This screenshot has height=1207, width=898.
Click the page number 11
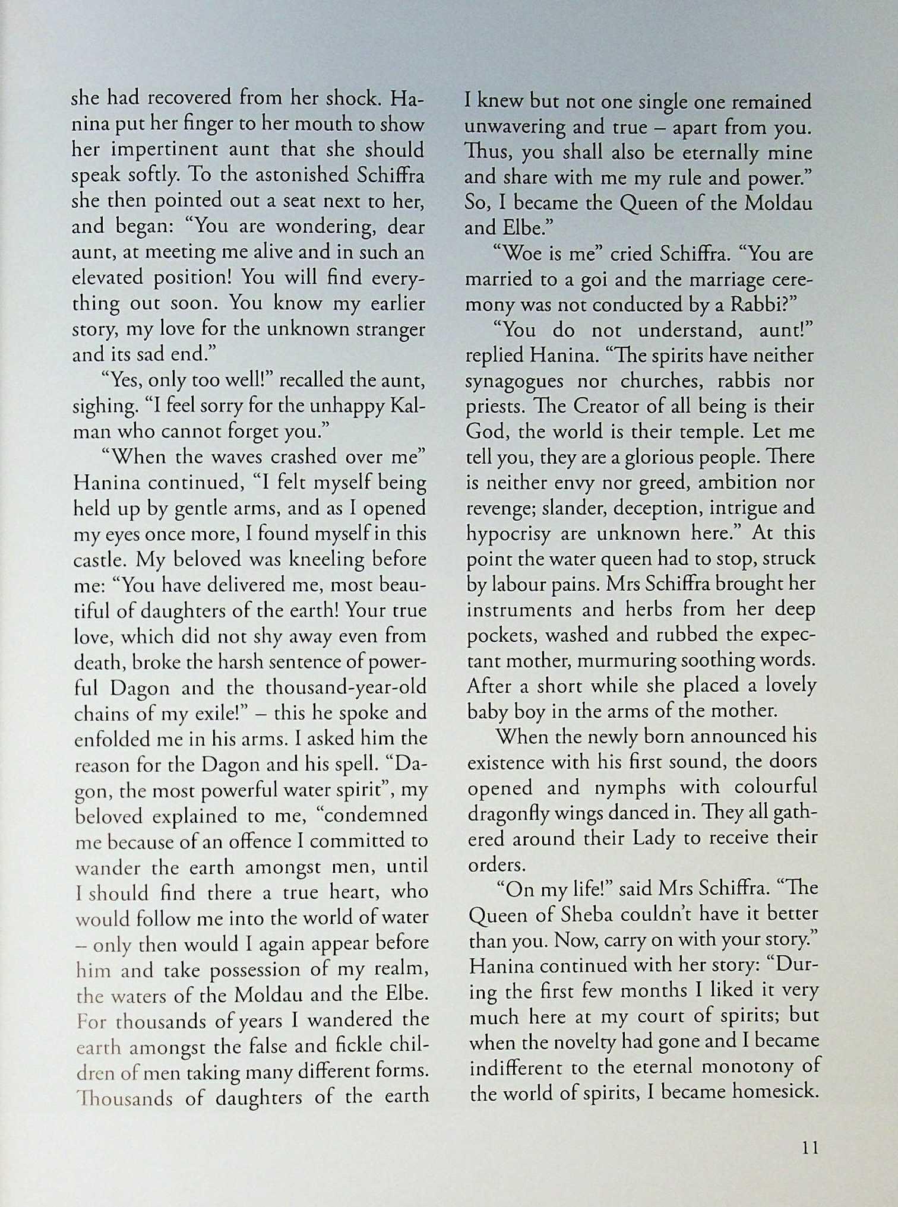[810, 1148]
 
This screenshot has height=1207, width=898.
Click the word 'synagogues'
[514, 381]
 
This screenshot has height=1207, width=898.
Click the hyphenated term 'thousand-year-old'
[346, 688]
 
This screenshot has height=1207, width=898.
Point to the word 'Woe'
[518, 254]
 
